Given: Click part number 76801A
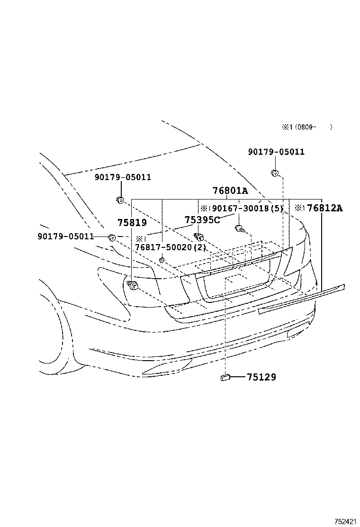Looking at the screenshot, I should coord(230,191).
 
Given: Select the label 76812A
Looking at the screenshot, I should coord(324,208).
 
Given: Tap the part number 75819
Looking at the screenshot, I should coord(132,222).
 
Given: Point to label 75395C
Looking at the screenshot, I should coord(202,219).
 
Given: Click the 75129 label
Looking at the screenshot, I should coord(261,377).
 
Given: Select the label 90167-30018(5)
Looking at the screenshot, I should coord(247,208).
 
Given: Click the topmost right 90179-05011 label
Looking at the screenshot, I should coord(276,152).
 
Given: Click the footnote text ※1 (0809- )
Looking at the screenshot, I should coord(307,127).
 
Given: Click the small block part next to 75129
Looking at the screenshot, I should coord(225,377).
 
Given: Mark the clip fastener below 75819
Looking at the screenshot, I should coord(133,285).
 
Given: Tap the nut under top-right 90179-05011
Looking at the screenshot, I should coord(274,173).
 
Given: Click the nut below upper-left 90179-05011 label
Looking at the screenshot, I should coord(120,200).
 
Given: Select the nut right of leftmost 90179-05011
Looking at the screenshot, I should coord(112,237).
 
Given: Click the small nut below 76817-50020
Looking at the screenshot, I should coord(162,260).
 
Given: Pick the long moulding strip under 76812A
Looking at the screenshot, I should coord(303,299).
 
